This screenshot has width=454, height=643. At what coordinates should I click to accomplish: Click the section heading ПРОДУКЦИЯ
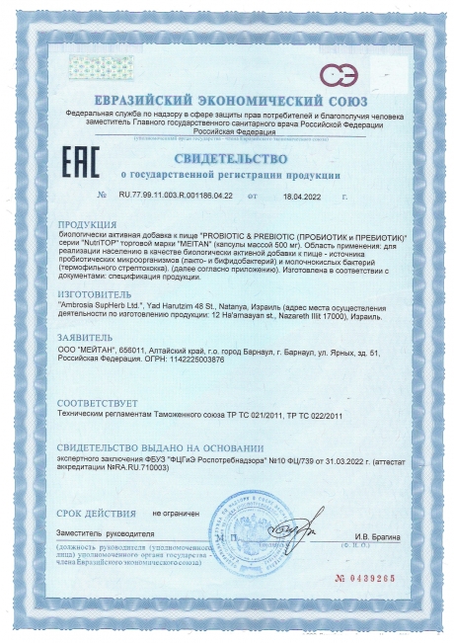(88, 224)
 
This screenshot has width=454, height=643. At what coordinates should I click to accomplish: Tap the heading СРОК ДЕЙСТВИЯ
(95, 514)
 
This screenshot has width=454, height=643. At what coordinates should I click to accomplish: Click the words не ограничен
(176, 514)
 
